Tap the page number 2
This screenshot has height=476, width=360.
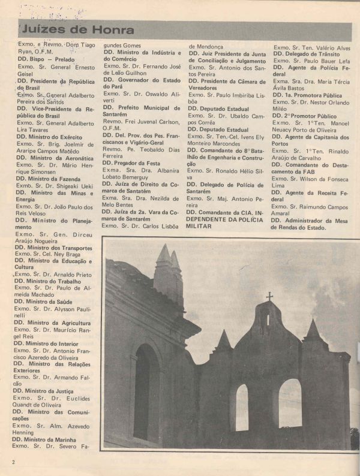[13, 462]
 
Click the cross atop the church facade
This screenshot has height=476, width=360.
[269, 296]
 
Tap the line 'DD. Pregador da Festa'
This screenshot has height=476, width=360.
[131, 162]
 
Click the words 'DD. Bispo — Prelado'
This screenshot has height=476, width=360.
[45, 60]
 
